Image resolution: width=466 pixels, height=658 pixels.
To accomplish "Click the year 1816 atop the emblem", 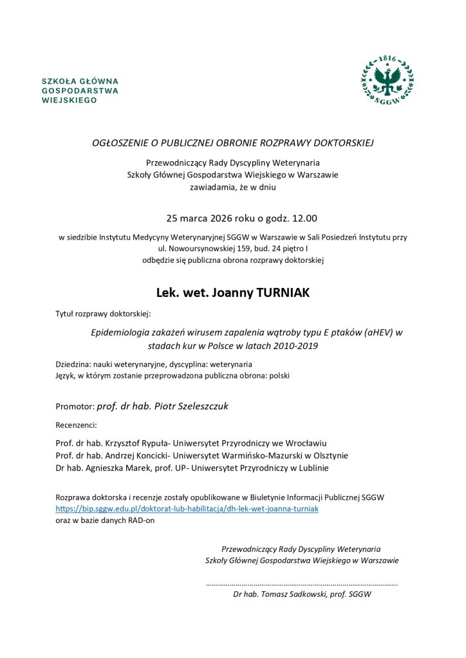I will (x=387, y=58).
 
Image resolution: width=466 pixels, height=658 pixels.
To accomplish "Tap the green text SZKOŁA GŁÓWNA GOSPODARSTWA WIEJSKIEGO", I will (x=80, y=91).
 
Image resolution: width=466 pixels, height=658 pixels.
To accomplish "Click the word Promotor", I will (x=75, y=407).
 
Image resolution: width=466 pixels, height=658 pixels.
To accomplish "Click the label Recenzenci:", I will (x=76, y=425).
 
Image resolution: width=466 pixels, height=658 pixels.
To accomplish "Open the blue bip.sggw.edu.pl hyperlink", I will (x=187, y=508).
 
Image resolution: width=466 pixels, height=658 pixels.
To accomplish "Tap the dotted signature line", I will (x=301, y=583).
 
